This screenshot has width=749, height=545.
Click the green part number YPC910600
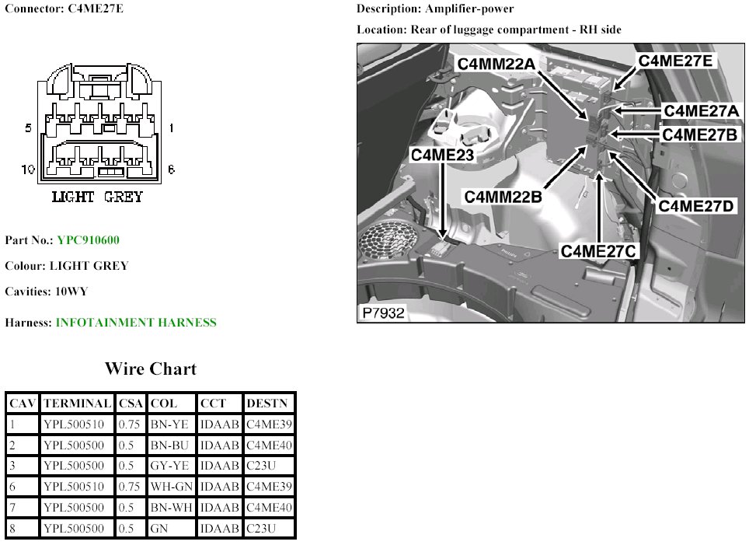coord(88,240)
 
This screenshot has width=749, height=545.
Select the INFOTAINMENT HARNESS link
coord(136,322)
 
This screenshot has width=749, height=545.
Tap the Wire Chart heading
coord(151,369)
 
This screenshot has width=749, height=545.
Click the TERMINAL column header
coord(77,404)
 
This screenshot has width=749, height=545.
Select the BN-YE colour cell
coord(169,424)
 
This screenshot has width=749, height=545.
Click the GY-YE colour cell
coord(169,466)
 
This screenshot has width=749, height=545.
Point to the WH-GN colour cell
coord(170,487)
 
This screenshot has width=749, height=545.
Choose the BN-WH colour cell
coord(170,508)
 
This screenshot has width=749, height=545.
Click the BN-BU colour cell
coord(169,445)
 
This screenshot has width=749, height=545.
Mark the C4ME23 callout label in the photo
coord(443,155)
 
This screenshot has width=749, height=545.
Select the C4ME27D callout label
coord(696,206)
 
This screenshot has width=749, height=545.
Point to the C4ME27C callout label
coord(599,251)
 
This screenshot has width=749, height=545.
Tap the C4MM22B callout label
coord(504,197)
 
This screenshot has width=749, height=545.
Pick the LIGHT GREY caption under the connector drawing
coord(97,197)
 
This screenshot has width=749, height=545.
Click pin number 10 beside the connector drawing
coord(28,169)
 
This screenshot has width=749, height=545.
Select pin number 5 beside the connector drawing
coord(29,128)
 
